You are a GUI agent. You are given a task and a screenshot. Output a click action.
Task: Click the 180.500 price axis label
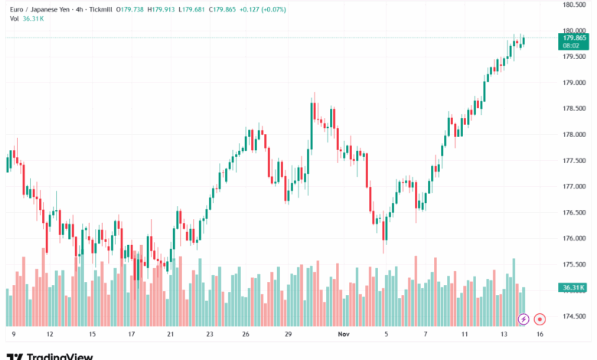(x=574, y=5)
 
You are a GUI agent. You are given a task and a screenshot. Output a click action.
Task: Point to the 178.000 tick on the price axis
(x=574, y=135)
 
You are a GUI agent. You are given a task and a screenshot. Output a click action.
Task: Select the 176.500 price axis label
(x=574, y=212)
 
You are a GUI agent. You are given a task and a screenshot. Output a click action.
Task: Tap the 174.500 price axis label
(x=574, y=316)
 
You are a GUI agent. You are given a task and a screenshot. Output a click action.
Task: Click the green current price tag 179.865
(x=574, y=38)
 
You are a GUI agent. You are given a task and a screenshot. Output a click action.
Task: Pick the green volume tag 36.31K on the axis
(x=573, y=288)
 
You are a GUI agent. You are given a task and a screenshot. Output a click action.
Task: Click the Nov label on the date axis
(x=344, y=334)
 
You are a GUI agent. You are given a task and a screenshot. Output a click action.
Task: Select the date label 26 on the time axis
(x=246, y=334)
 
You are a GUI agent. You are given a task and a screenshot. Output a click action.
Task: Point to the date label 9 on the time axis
(x=14, y=334)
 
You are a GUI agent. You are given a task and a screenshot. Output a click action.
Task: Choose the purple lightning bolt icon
(x=524, y=318)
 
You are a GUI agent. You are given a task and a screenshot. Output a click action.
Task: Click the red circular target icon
(x=540, y=318)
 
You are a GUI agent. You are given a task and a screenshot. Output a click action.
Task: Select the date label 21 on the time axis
(x=171, y=334)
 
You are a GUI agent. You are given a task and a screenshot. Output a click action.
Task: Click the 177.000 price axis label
(x=574, y=186)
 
